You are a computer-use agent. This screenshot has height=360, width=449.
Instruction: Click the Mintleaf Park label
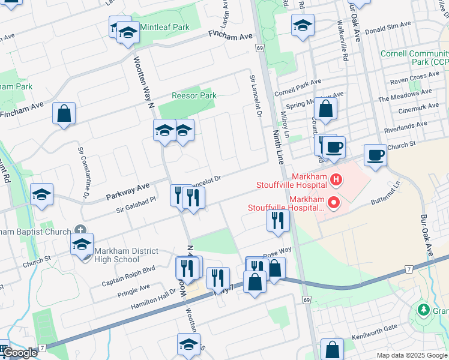[x=164, y=27]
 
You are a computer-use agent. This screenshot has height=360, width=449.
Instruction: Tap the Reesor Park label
[x=194, y=95]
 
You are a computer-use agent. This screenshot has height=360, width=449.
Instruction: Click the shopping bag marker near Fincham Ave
[x=64, y=113]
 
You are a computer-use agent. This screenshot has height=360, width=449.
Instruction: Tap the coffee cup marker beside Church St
[x=375, y=154]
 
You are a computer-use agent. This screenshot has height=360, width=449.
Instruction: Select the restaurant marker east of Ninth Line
[x=278, y=220]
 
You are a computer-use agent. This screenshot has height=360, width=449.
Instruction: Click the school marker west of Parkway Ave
[x=42, y=194]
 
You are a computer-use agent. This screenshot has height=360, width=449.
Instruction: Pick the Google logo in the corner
[x=20, y=353]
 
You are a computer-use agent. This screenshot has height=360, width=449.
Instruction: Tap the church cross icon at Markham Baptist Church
[x=81, y=230]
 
